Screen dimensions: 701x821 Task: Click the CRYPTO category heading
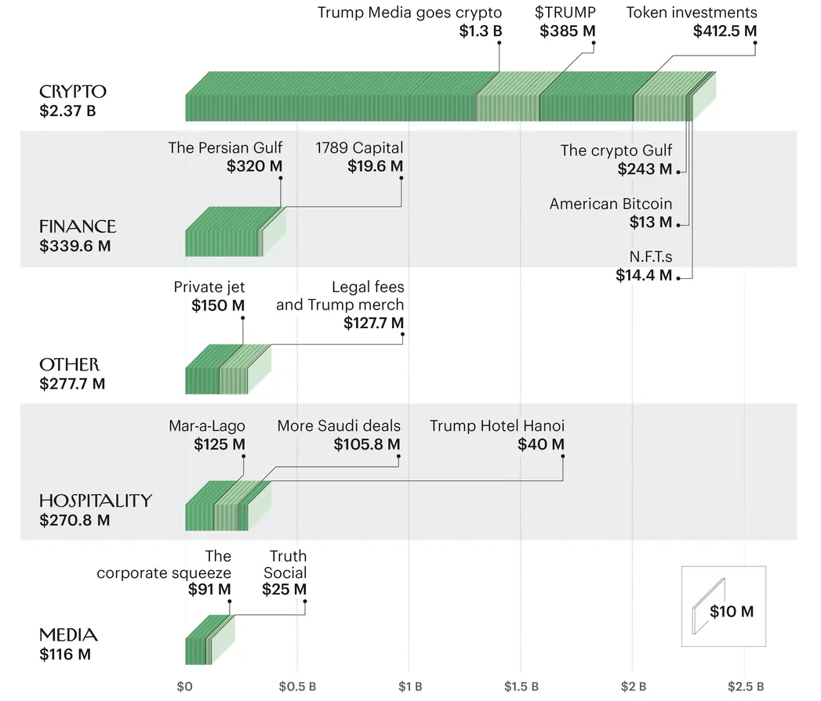click(x=72, y=91)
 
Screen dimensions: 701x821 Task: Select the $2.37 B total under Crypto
click(x=67, y=110)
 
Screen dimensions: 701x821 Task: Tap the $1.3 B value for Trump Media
click(x=481, y=31)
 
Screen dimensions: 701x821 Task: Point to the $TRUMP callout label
click(x=565, y=13)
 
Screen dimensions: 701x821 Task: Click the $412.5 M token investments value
click(x=725, y=31)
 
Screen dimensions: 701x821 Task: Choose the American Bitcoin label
click(x=611, y=204)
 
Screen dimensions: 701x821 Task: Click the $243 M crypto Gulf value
click(x=645, y=168)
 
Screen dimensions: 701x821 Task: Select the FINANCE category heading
click(x=78, y=226)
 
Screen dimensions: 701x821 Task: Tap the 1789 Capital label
click(x=360, y=147)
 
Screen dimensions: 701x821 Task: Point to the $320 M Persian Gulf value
click(x=255, y=166)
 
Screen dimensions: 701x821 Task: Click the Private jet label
click(x=209, y=287)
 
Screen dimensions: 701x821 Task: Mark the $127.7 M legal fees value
click(x=374, y=323)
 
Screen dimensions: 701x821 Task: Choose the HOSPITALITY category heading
click(x=96, y=500)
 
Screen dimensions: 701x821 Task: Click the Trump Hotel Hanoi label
click(x=497, y=426)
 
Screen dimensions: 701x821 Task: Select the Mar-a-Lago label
click(x=207, y=426)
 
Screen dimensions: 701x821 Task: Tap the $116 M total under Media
click(x=65, y=654)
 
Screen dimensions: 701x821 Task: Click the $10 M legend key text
click(x=732, y=612)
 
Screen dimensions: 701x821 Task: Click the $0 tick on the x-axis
click(x=185, y=687)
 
